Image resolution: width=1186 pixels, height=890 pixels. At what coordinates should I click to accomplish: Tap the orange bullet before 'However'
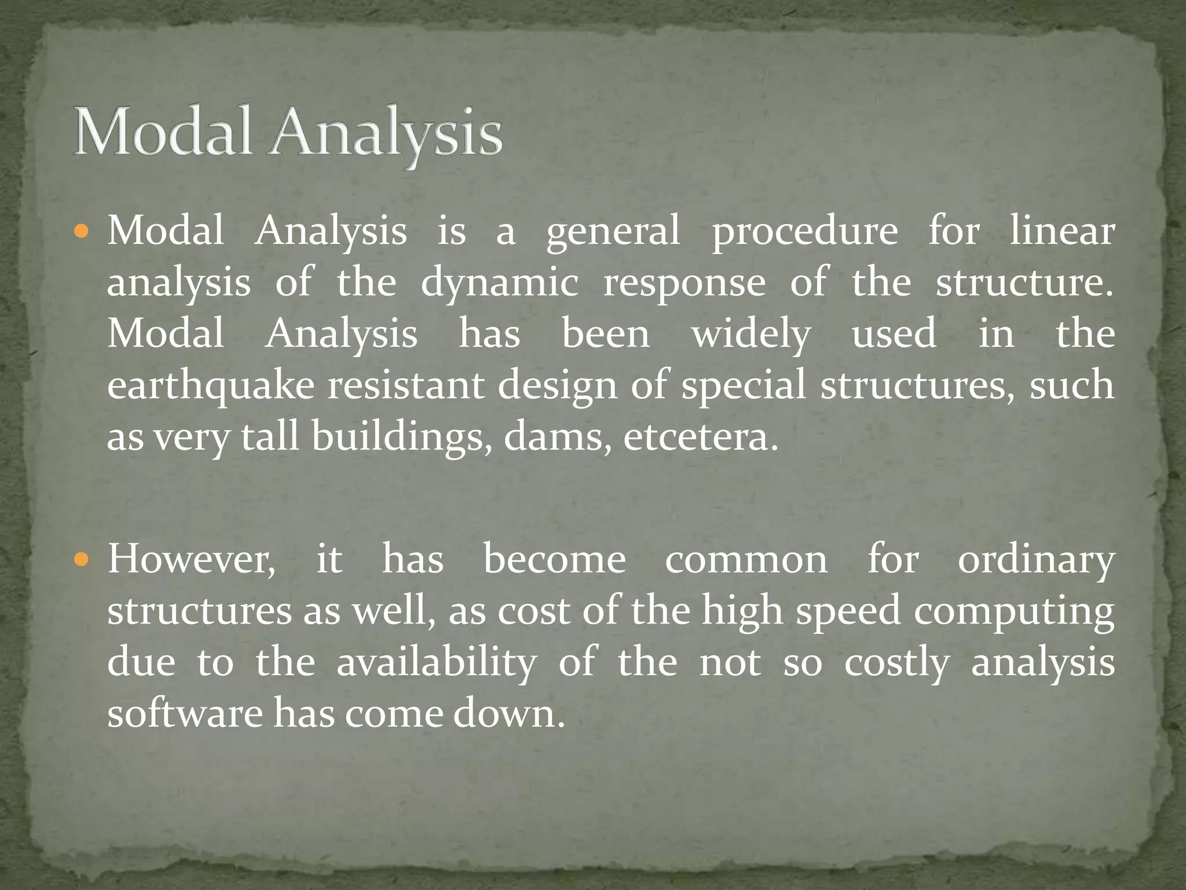tap(82, 561)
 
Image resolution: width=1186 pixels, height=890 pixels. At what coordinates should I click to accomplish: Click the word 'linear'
tap(1061, 231)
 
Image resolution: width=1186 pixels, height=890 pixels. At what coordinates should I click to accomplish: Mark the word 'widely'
tap(751, 335)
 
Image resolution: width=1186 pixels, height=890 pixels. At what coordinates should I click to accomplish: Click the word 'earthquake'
tap(211, 386)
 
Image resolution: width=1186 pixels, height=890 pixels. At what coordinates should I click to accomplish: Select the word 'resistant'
tap(406, 385)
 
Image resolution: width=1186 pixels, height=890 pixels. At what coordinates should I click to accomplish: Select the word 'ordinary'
tap(1035, 561)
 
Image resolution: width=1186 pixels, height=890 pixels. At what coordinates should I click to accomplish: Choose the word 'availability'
tap(436, 662)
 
